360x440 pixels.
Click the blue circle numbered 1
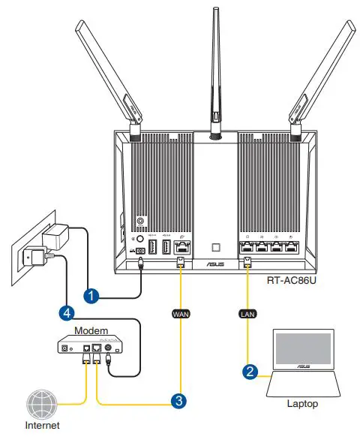[x=91, y=297]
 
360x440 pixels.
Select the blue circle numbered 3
[x=178, y=401]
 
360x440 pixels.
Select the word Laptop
[x=302, y=404]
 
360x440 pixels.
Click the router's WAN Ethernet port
[x=182, y=247]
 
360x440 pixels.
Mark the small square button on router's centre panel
[x=214, y=246]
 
